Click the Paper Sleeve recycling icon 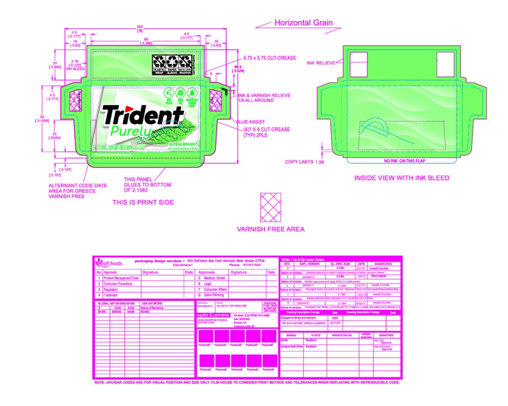click(172, 64)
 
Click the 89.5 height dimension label click(250, 68)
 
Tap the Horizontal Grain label click(304, 23)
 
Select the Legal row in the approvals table click(207, 284)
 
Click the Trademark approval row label click(113, 295)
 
